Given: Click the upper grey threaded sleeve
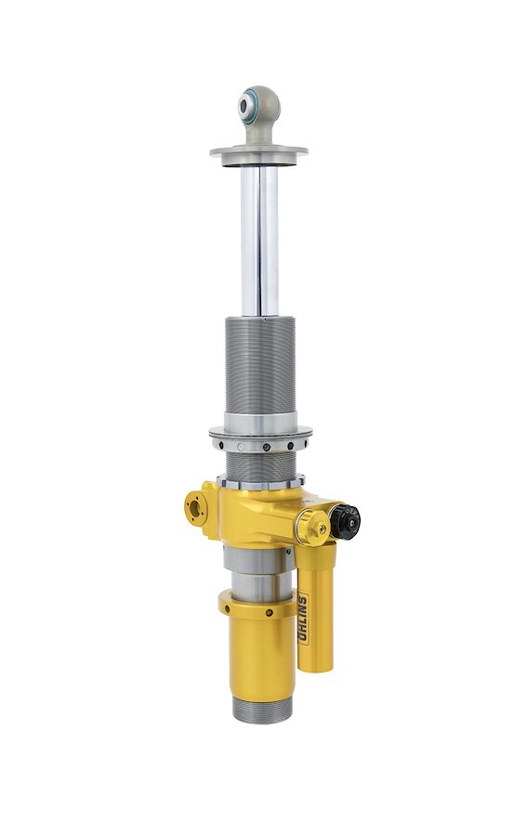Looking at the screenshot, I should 259,368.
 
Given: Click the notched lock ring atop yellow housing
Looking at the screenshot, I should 259,482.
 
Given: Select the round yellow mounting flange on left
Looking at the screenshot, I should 198,508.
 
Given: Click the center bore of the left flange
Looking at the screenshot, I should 195,509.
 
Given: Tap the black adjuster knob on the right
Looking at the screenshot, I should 349,522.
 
